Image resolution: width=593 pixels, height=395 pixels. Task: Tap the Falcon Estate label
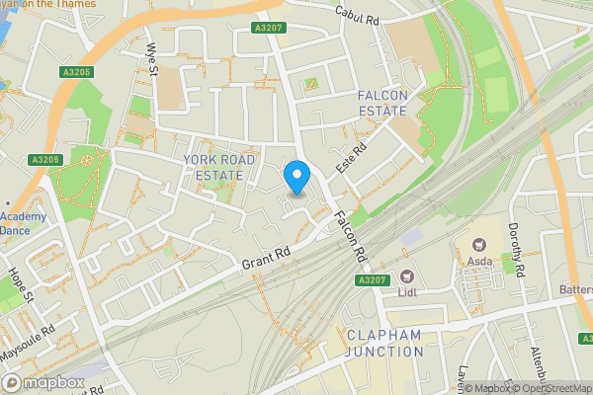click(x=382, y=103)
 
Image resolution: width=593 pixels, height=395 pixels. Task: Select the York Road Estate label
click(x=219, y=167)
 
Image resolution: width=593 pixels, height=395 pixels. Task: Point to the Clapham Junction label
click(x=384, y=343)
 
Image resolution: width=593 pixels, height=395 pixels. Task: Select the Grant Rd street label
click(x=266, y=259)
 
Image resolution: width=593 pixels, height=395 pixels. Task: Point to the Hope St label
click(x=23, y=282)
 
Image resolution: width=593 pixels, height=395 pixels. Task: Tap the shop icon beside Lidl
click(x=405, y=277)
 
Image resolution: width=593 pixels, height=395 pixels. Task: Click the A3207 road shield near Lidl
click(x=372, y=280)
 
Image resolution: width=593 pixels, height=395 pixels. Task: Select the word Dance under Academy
click(x=15, y=229)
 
